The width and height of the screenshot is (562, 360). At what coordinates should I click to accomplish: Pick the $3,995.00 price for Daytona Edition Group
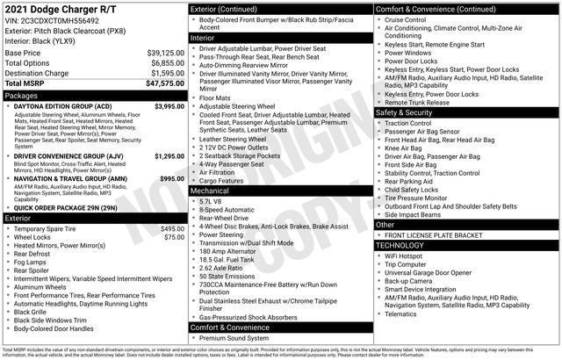[169, 105]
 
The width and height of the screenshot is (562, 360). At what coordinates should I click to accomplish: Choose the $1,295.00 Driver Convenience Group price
[169, 156]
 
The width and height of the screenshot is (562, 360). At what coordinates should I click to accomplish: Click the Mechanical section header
[210, 190]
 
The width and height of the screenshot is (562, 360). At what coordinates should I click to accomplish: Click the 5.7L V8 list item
[213, 200]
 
